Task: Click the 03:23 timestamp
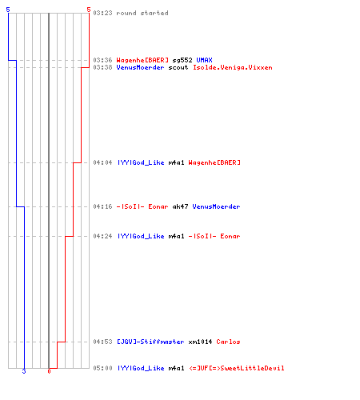pos(102,13)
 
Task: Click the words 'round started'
pos(142,13)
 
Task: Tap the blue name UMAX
pos(204,60)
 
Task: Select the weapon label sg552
pos(182,60)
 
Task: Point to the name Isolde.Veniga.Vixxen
pos(233,67)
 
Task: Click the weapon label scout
pos(178,67)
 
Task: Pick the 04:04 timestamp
pos(102,162)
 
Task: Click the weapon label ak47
pos(180,206)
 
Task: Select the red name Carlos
pos(228,342)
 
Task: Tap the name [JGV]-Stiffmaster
pos(150,342)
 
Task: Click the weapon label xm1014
pos(200,342)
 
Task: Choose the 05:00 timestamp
pos(102,368)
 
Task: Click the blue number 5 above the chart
pos(8,10)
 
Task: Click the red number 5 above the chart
pos(89,10)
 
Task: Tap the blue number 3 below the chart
pos(24,371)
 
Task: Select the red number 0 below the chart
pos(49,371)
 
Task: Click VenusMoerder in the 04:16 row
pos(216,206)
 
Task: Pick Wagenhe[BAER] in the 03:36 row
pos(142,60)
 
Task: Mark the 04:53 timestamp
pos(102,342)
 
